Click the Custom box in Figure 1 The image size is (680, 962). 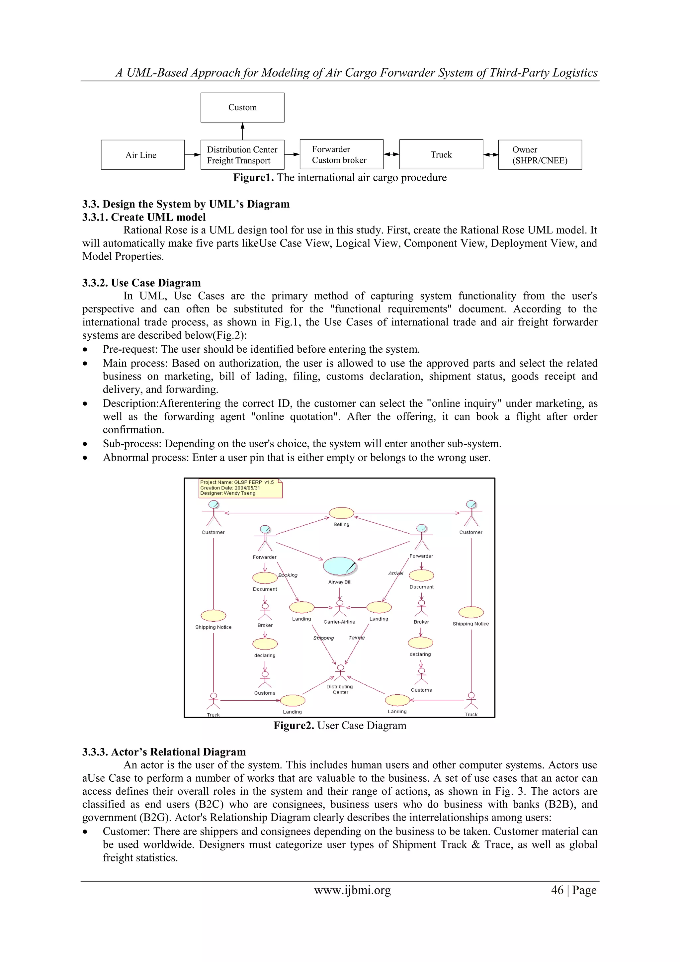click(x=242, y=107)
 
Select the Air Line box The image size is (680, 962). click(x=142, y=155)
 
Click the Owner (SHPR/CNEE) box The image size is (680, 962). click(x=540, y=155)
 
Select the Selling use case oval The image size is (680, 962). click(x=341, y=513)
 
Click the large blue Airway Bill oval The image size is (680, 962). click(x=339, y=566)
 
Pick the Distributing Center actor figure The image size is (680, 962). click(x=340, y=673)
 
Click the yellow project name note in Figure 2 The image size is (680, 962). click(x=240, y=488)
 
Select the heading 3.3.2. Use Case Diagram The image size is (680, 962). click(x=141, y=283)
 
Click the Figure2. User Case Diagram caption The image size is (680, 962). click(x=340, y=726)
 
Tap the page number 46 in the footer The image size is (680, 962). click(x=557, y=890)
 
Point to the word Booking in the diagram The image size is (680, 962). click(x=288, y=575)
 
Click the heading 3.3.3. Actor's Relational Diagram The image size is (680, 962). click(x=164, y=752)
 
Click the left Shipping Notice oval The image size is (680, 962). click(x=213, y=616)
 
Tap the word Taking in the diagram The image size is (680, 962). click(x=357, y=638)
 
